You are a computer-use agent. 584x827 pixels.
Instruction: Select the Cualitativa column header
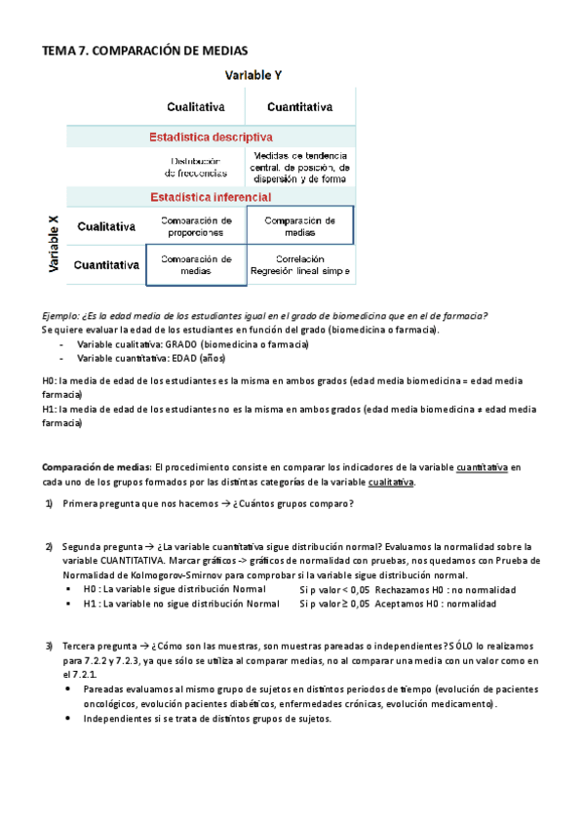click(x=196, y=106)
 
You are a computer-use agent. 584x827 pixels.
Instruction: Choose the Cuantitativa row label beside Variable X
click(x=104, y=264)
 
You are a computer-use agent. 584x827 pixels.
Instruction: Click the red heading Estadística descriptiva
click(x=210, y=138)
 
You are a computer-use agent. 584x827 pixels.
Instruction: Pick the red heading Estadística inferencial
click(x=211, y=197)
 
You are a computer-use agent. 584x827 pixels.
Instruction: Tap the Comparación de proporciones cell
click(x=196, y=226)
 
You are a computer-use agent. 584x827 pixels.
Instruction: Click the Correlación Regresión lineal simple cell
click(x=299, y=264)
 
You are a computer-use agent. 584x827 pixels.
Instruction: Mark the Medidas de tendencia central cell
click(x=299, y=167)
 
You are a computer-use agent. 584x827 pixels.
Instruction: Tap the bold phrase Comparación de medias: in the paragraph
click(x=97, y=467)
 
